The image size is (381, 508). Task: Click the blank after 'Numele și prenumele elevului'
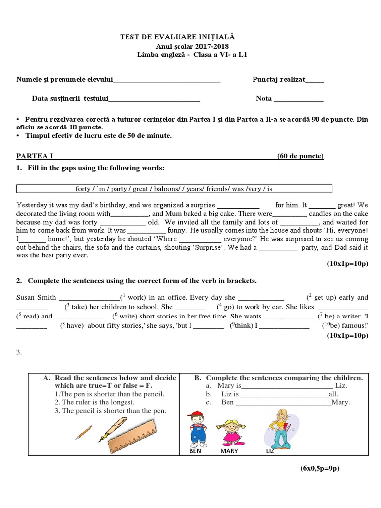[x=167, y=80]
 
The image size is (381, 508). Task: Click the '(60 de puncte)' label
[x=300, y=156]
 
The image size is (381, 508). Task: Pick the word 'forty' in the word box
[x=83, y=189]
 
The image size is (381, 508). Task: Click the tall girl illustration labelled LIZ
[x=278, y=428]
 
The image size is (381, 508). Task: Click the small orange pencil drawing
[x=83, y=432]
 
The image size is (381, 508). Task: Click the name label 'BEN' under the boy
[x=196, y=451]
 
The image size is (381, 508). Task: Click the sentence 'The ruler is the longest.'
[x=94, y=402]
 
